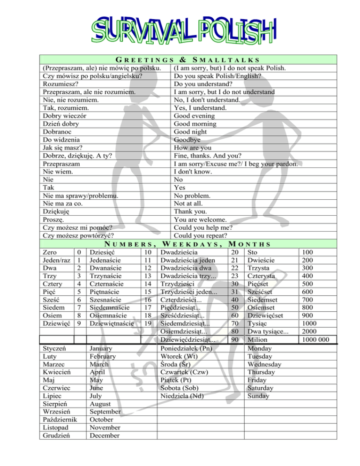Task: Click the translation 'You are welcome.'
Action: [200, 219]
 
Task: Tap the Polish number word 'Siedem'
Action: [53, 307]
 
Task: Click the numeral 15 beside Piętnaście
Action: [147, 291]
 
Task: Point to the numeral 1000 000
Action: [319, 339]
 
